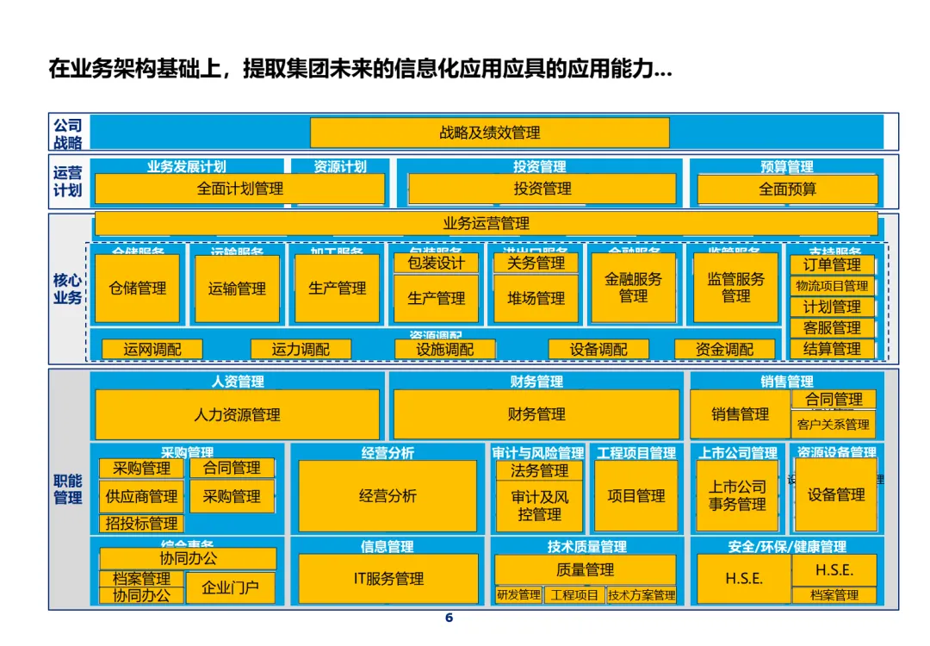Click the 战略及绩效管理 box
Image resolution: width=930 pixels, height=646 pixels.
[x=489, y=133]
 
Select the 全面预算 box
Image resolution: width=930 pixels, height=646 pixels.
[x=787, y=189]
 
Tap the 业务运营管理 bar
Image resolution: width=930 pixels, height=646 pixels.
[x=486, y=224]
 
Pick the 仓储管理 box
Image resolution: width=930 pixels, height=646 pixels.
[x=138, y=289]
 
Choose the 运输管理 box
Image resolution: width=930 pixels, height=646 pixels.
[x=237, y=289]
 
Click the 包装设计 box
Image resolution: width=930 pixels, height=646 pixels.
[x=437, y=263]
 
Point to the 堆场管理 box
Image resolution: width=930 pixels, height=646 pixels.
[x=536, y=299]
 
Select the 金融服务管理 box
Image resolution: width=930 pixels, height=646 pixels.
[x=633, y=288]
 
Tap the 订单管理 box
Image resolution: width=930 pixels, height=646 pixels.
[x=832, y=264]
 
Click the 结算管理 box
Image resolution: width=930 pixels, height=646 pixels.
[x=832, y=349]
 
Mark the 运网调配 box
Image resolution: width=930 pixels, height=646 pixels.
[x=152, y=349]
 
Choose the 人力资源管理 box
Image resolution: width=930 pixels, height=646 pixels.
[x=237, y=414]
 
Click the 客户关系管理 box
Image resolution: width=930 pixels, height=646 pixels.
[x=833, y=424]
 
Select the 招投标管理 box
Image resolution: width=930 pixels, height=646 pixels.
[x=141, y=523]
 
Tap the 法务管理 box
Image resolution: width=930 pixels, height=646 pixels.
[x=539, y=470]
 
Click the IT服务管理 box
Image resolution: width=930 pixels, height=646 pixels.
[x=388, y=579]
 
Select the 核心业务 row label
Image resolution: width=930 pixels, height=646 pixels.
[x=68, y=289]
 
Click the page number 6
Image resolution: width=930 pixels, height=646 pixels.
[x=448, y=618]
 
